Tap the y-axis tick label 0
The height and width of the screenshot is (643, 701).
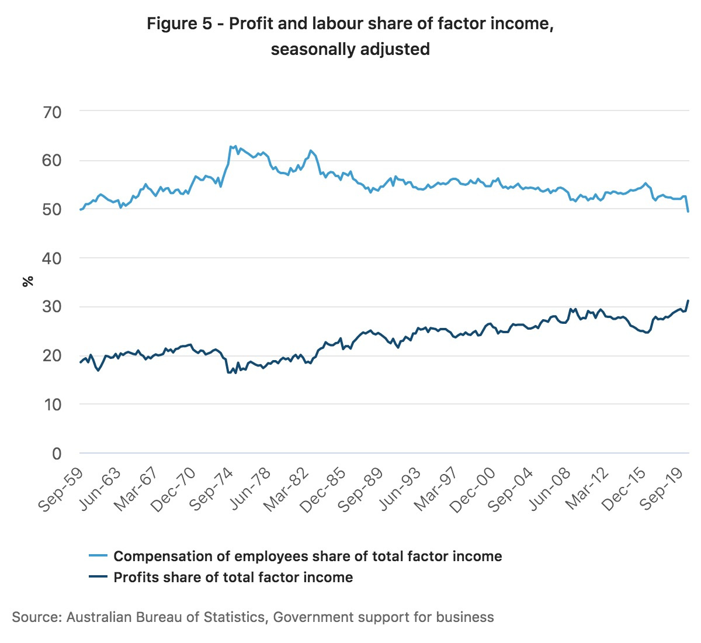click(57, 453)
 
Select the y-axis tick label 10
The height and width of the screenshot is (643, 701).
click(53, 404)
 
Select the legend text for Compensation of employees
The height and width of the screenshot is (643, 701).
click(307, 556)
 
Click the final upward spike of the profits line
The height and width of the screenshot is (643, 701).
click(688, 301)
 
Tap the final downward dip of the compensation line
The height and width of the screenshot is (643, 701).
click(688, 211)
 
